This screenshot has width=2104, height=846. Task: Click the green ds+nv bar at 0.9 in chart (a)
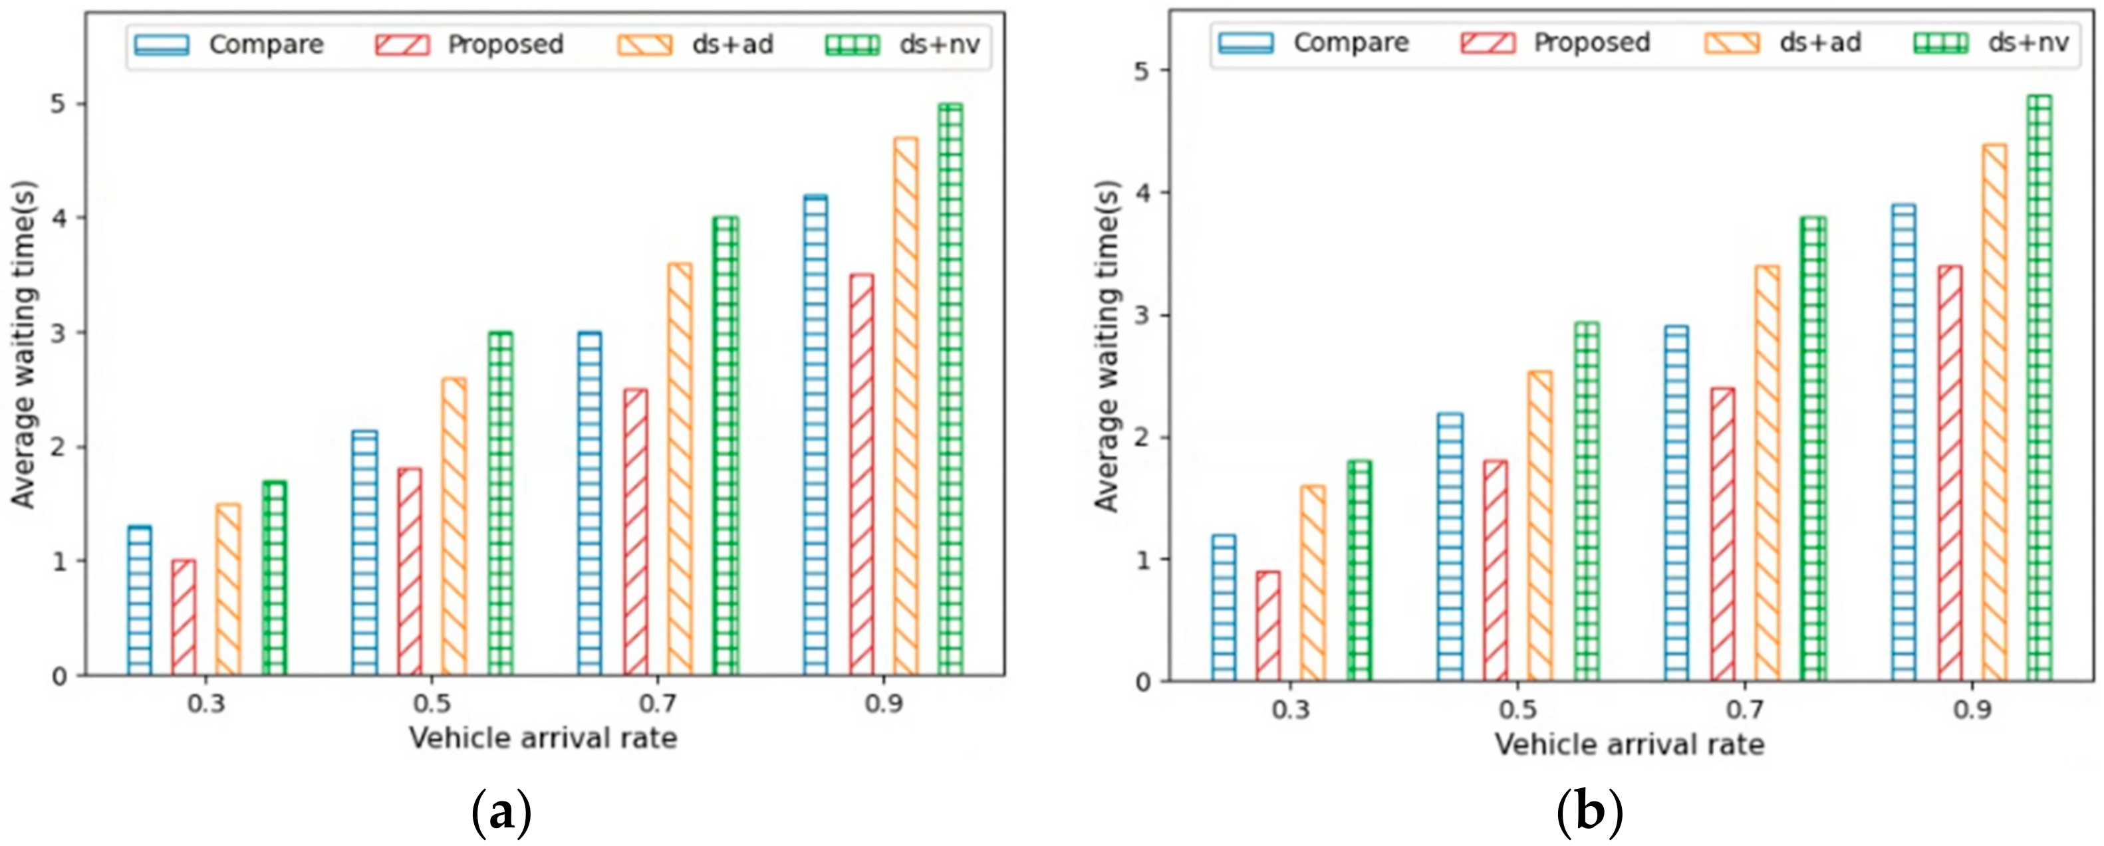point(950,392)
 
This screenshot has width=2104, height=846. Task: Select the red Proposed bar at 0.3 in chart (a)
point(184,618)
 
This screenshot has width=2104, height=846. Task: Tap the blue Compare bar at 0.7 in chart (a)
point(590,504)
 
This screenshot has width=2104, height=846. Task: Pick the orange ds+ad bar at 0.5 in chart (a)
point(454,527)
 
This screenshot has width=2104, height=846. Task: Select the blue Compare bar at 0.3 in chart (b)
point(1224,608)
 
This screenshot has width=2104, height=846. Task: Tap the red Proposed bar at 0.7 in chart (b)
point(1722,535)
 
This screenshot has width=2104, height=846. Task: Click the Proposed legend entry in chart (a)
point(469,44)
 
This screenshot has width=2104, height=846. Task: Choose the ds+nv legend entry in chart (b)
point(1993,43)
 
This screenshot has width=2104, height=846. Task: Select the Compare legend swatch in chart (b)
point(1246,43)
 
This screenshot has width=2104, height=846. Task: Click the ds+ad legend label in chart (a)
point(732,44)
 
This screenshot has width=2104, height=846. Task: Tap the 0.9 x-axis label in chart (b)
point(1972,709)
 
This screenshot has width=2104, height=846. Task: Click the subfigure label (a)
point(501,813)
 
